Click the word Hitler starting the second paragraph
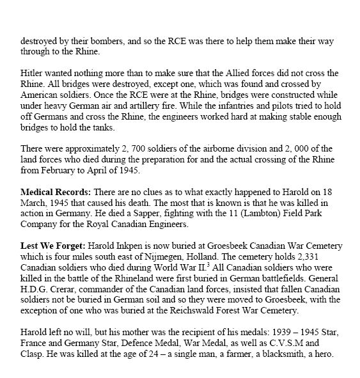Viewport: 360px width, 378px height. [x=31, y=72]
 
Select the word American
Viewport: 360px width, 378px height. [x=45, y=95]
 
